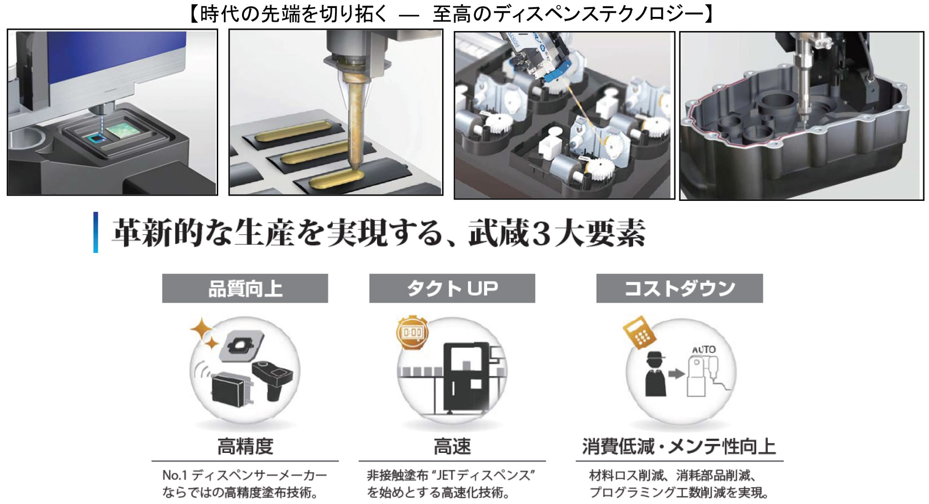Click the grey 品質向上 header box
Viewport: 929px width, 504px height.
pos(245,288)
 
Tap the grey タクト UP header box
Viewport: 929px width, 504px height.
pos(452,288)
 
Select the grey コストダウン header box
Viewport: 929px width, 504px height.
pos(679,288)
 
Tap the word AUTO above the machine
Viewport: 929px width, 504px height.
pos(704,350)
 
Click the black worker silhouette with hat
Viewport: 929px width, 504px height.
pos(655,374)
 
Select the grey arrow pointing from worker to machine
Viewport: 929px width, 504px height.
pos(676,374)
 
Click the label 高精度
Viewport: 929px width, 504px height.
pos(245,446)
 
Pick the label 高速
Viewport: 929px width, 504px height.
pos(452,446)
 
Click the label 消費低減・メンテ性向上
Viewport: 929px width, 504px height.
pos(679,446)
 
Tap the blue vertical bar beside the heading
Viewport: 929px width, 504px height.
pos(96,232)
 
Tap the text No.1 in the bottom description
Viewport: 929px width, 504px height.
pos(175,475)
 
